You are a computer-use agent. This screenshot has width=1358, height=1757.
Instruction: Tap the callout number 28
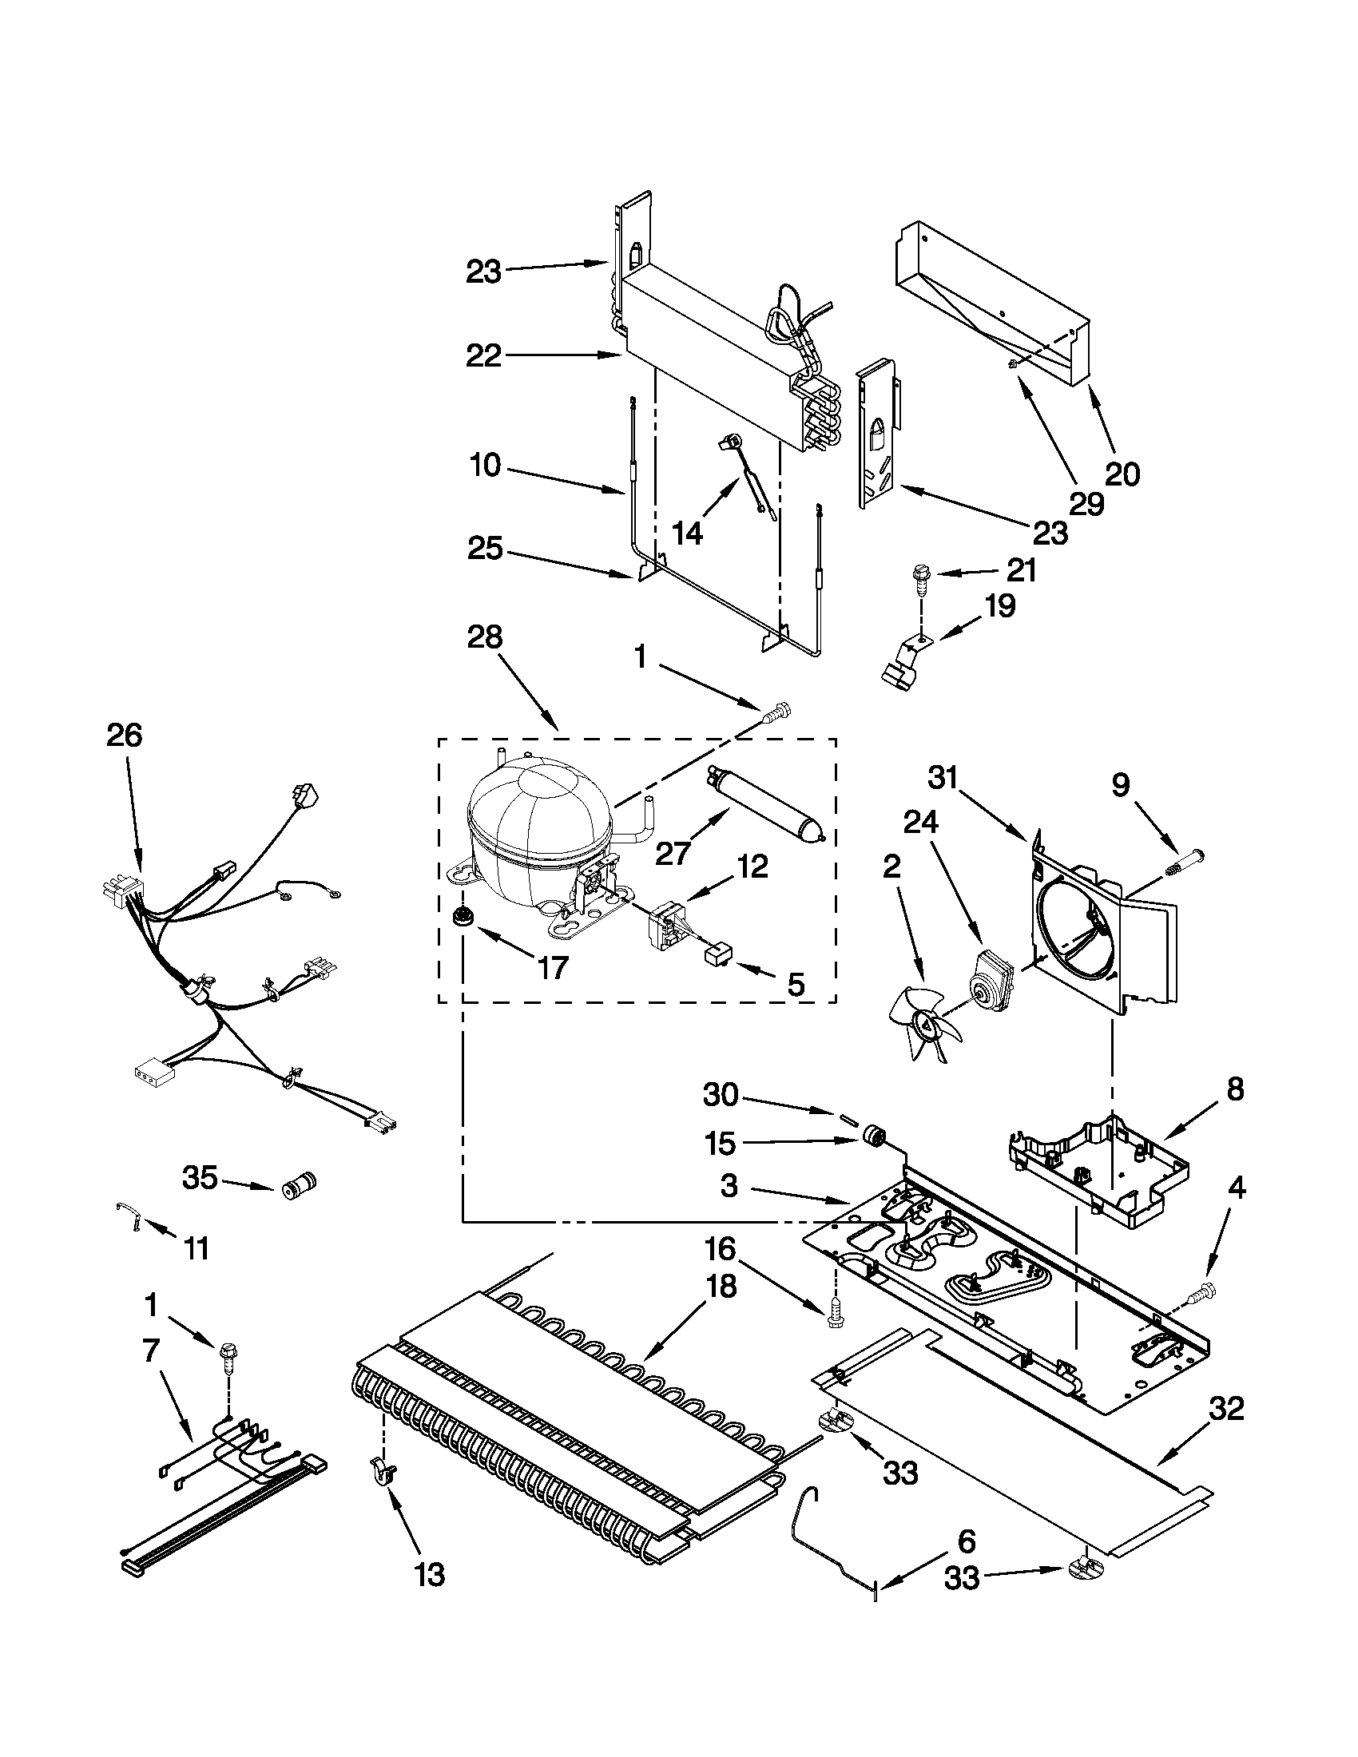(484, 638)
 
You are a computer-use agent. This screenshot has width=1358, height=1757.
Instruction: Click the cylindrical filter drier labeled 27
(764, 804)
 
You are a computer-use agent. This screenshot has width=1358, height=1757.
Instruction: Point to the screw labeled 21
(919, 577)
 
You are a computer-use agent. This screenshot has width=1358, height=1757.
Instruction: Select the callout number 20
(1122, 474)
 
